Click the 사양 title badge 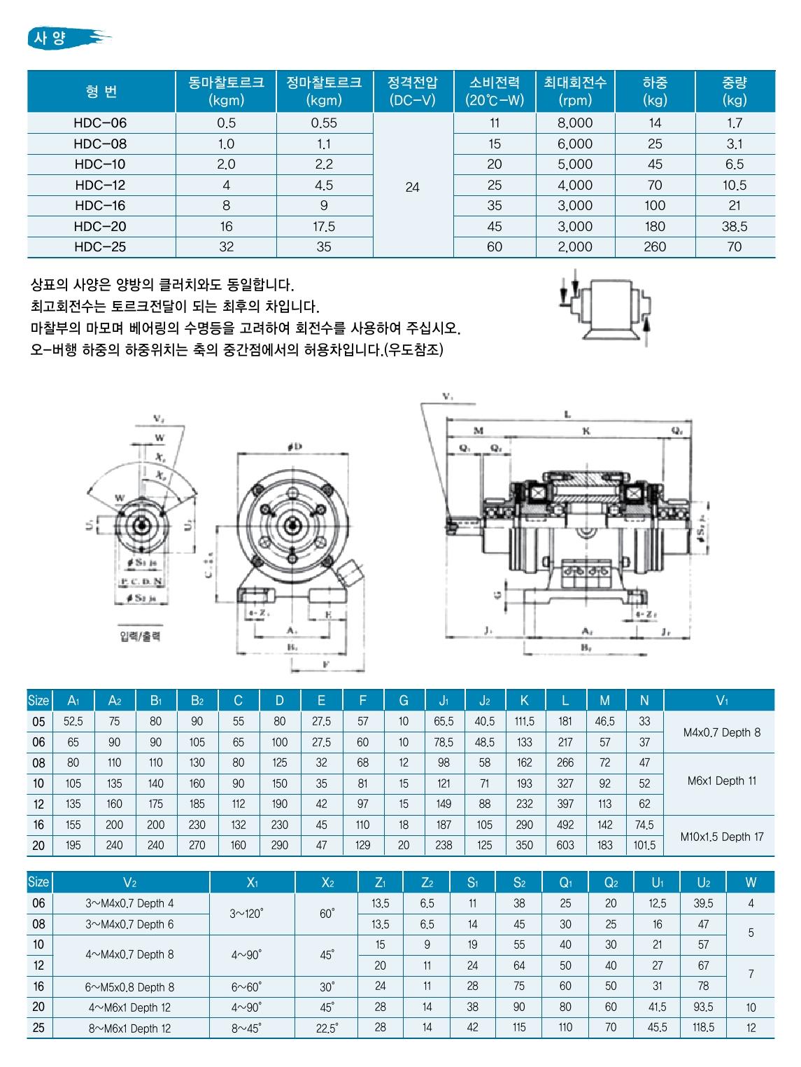pos(67,38)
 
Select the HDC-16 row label pos(100,206)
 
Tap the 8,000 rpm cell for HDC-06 pos(575,123)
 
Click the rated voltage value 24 pos(413,188)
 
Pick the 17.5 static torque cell pos(325,227)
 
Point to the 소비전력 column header pos(495,91)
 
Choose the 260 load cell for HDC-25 pos(655,247)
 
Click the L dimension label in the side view pos(567,414)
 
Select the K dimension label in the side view pos(586,431)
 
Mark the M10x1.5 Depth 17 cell pos(723,837)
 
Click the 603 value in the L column pos(565,846)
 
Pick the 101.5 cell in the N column pos(644,846)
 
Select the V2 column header pos(130,883)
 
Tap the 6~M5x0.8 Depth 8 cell pos(130,987)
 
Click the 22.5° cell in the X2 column pos(327,1028)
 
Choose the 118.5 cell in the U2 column pos(703,1028)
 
